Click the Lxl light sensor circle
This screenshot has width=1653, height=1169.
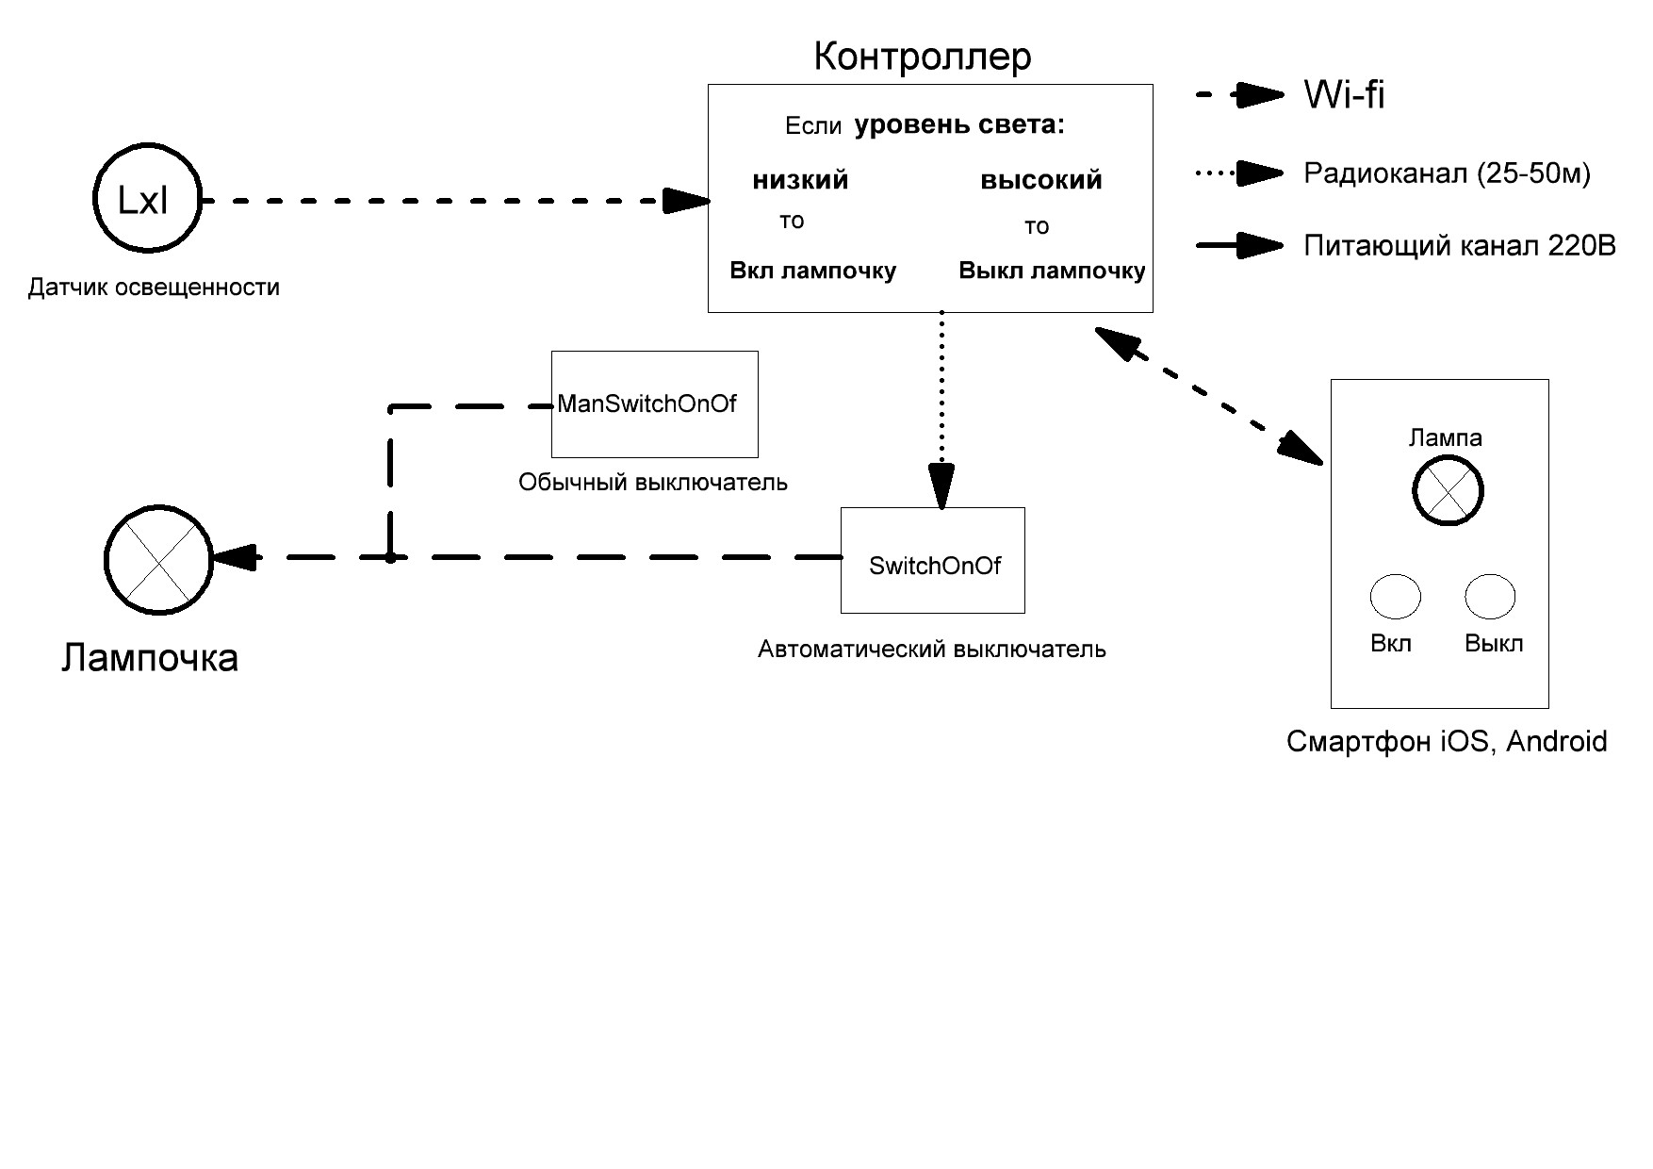pos(147,198)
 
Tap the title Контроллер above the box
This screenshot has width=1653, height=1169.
pos(923,57)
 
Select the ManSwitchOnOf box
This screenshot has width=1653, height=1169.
pos(654,404)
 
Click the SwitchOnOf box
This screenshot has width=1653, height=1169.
pos(932,561)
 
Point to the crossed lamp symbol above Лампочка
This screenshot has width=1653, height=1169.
pos(158,560)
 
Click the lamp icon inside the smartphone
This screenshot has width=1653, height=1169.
pos(1448,490)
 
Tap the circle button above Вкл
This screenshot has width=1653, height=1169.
pos(1395,596)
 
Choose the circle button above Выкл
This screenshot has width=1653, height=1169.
pos(1490,596)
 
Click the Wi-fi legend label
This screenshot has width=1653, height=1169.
pos(1344,95)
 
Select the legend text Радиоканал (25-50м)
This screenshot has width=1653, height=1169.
pos(1447,173)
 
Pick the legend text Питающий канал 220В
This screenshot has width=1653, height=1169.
pos(1459,246)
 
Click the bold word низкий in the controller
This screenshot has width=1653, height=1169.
pos(800,180)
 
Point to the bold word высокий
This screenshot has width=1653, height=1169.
pos(1041,180)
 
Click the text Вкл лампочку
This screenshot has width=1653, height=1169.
pos(812,271)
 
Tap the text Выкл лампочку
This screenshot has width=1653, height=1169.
pos(1052,272)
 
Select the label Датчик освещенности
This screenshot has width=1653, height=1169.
pos(154,288)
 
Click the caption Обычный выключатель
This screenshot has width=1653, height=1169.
pos(652,483)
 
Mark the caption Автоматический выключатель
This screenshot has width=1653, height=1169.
pos(931,650)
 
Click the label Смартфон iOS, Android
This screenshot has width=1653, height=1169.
pos(1446,742)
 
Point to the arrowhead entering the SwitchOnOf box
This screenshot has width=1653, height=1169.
pos(941,487)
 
